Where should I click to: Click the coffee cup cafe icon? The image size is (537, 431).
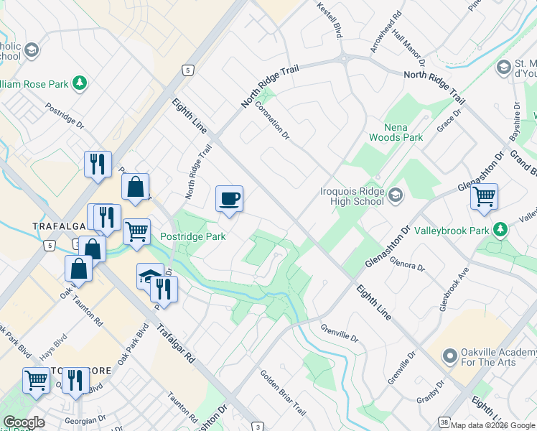coord(229,199)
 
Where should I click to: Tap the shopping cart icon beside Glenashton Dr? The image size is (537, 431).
coord(484,195)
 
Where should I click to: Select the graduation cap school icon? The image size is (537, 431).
coord(149,275)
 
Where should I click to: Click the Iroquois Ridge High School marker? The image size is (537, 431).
coord(395,195)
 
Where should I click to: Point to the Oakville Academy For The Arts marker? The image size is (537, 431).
coord(450,356)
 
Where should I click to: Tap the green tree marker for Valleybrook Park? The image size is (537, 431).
coord(500,231)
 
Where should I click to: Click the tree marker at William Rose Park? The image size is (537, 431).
coord(80,84)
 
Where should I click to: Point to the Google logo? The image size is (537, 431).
coord(24,422)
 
